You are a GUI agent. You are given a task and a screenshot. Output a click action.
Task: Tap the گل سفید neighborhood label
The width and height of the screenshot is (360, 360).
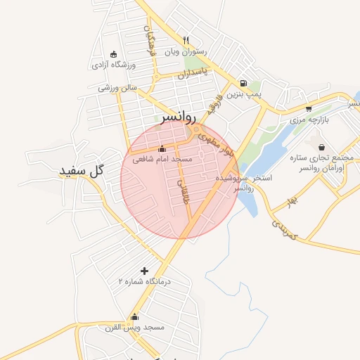82,171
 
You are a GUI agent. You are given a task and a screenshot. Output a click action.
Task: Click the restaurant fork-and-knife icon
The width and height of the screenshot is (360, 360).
186,40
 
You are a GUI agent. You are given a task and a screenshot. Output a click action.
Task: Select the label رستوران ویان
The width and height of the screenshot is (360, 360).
186,51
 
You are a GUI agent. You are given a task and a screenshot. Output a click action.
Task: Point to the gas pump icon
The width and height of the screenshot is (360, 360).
243,82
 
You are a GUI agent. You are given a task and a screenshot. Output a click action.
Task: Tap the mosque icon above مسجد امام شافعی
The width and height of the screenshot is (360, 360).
162,148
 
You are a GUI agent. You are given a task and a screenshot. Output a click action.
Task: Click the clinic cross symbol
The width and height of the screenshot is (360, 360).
145,271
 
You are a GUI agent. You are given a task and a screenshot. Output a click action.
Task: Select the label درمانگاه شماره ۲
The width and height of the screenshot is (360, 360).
145,281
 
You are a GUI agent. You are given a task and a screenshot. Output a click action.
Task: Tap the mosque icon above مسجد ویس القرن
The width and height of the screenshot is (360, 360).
134,316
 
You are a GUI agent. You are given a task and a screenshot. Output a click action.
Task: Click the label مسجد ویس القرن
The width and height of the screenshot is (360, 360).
134,328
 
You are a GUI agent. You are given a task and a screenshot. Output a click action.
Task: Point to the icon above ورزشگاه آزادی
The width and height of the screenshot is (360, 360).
114,54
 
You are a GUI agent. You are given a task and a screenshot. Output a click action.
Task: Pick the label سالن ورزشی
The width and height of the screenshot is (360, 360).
117,88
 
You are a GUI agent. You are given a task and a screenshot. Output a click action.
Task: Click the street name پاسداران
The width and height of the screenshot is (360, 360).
193,73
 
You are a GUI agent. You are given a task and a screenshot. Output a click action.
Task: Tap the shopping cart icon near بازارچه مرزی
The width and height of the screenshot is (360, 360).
309,108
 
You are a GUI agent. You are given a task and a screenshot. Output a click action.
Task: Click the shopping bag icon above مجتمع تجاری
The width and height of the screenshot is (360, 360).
322,147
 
